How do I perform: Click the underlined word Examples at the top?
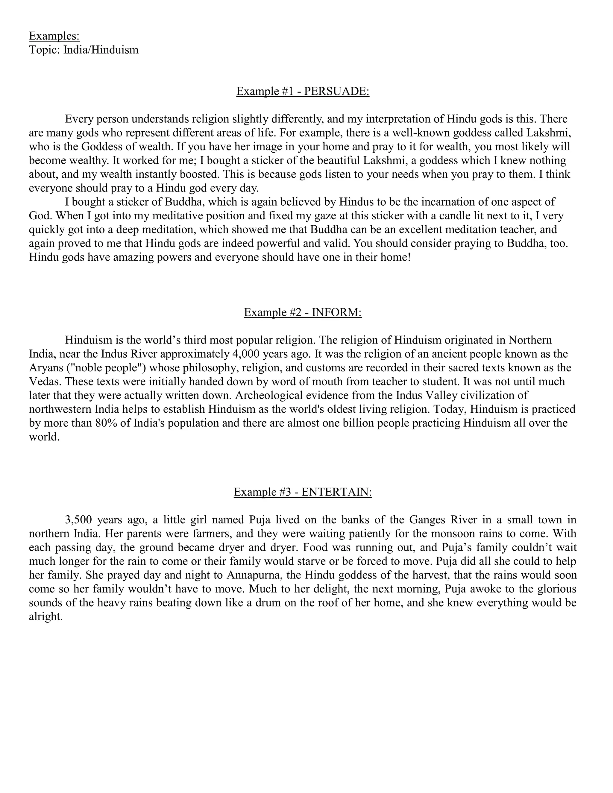(54, 36)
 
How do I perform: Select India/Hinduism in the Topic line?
(101, 50)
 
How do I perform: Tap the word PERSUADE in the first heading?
(336, 91)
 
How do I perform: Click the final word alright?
(46, 616)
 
